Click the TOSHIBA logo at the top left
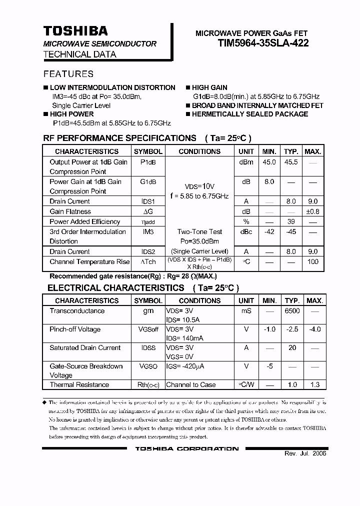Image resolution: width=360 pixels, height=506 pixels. pos(75,31)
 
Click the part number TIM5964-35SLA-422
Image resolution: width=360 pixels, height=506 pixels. pos(263,43)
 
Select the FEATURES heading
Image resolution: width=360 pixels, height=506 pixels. pos(68,74)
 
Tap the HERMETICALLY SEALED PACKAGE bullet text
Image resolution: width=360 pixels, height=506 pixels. pos(250,114)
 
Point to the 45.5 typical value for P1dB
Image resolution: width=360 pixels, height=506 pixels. pos(291,162)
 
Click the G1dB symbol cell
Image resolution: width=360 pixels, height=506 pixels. pos(148,181)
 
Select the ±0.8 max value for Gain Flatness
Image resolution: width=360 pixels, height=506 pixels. pos(312,211)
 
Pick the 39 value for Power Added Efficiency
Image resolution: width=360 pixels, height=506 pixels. pos(291,221)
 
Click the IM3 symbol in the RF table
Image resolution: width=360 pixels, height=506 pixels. pos(148,231)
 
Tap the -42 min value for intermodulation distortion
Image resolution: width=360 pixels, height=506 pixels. pos(269,231)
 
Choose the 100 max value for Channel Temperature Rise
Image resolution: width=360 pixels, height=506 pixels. pos(313,261)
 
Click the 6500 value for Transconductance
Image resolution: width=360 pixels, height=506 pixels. pos(292,311)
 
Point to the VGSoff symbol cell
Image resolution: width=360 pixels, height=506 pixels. pos(148,329)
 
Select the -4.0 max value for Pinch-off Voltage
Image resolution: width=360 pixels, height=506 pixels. pos(314,329)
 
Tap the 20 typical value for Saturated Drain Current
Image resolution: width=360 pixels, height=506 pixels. pos(292,348)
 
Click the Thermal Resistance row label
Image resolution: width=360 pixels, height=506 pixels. pos(79,385)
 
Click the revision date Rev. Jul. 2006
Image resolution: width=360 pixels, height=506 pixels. pos(305,453)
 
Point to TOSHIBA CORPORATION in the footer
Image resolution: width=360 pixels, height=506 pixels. pos(187,449)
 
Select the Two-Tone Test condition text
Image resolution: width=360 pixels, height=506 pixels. pos(199,231)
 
